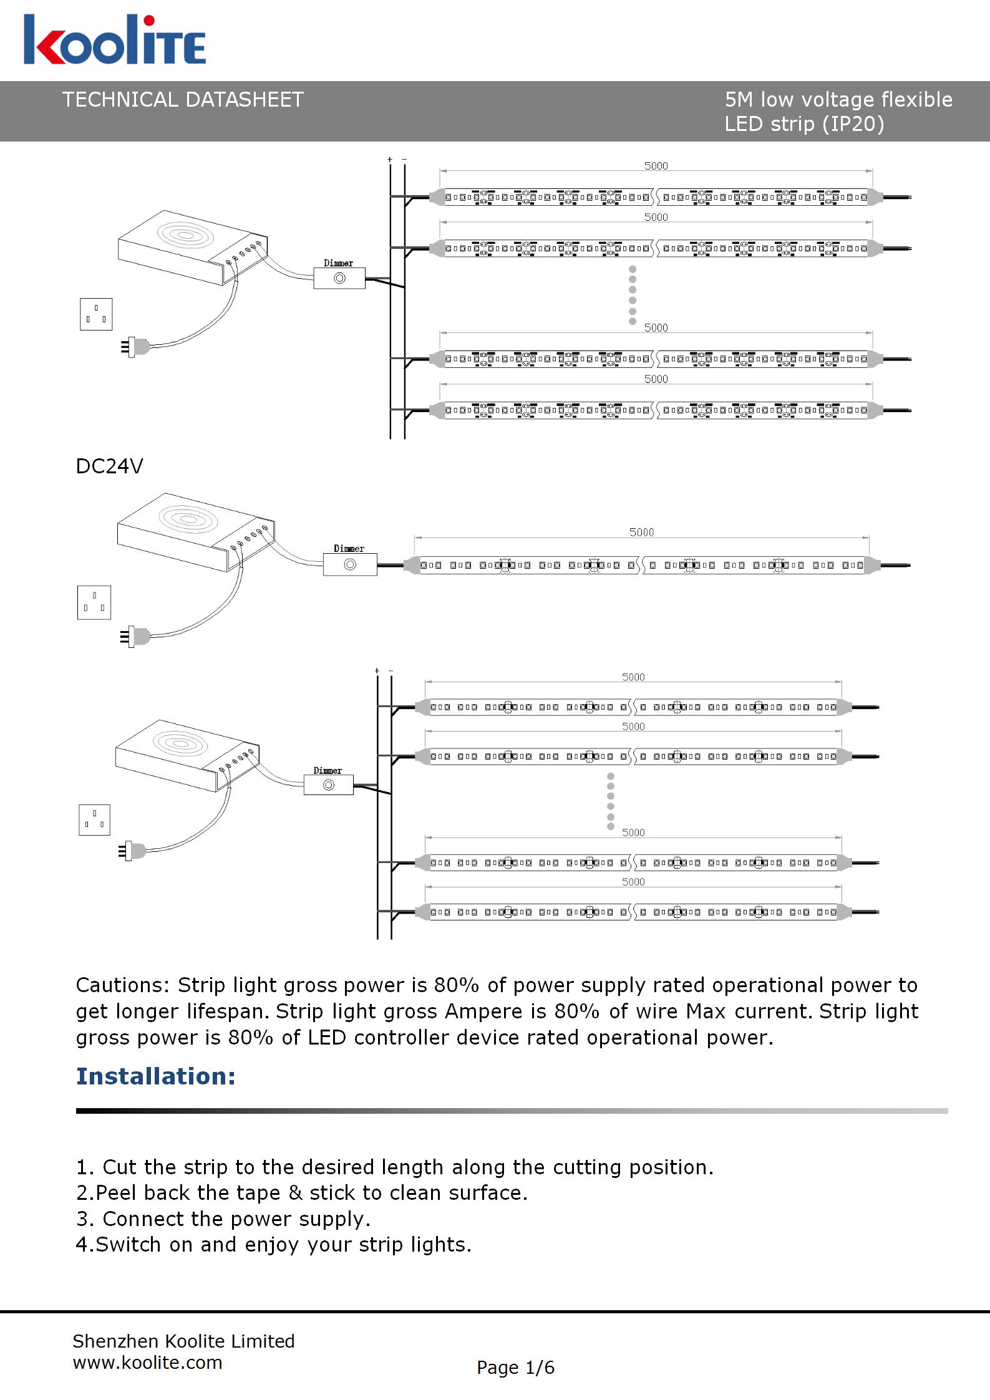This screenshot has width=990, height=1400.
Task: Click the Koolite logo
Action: (x=114, y=41)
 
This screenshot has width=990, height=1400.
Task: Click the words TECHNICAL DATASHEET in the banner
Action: (x=183, y=100)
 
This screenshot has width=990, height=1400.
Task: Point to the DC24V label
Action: (x=109, y=466)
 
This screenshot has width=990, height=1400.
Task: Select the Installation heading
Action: (x=156, y=1076)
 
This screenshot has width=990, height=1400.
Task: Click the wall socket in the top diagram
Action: (x=96, y=314)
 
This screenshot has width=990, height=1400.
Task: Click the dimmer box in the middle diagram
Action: (x=350, y=564)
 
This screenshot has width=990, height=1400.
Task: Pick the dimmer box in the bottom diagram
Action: (x=329, y=784)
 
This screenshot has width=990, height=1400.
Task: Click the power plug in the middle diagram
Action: (x=137, y=637)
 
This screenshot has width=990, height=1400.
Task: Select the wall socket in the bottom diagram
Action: (x=94, y=819)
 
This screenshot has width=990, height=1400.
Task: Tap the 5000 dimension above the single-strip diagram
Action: (x=641, y=532)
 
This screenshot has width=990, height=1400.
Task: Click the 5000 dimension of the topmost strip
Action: (x=656, y=166)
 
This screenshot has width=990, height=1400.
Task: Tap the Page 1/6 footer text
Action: (x=515, y=1368)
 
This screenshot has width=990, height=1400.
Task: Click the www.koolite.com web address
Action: (x=147, y=1363)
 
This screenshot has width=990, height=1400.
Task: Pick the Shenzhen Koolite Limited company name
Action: (x=183, y=1341)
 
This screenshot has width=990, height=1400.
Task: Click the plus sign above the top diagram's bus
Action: (x=390, y=160)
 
